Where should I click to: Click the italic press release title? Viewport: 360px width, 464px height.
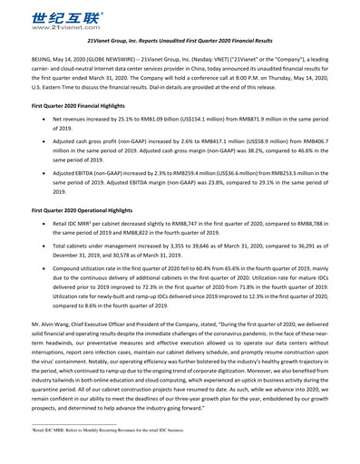[180, 42]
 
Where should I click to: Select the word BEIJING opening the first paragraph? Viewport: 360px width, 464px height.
[30, 56]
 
